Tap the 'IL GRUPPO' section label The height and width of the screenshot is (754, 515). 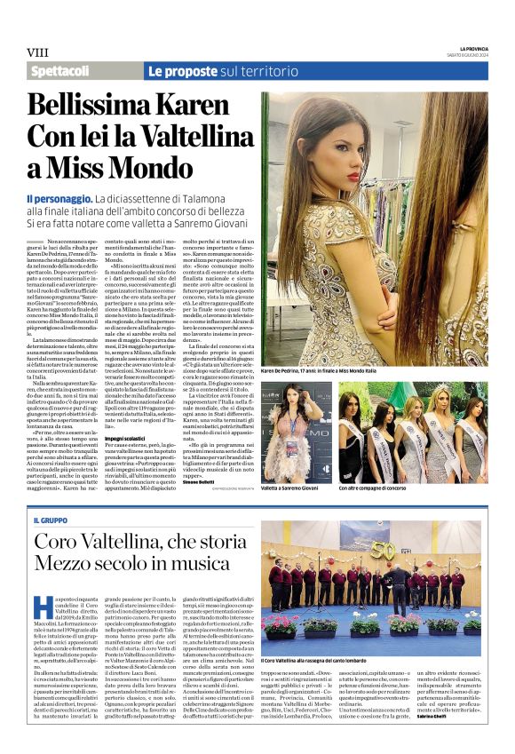click(x=51, y=520)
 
